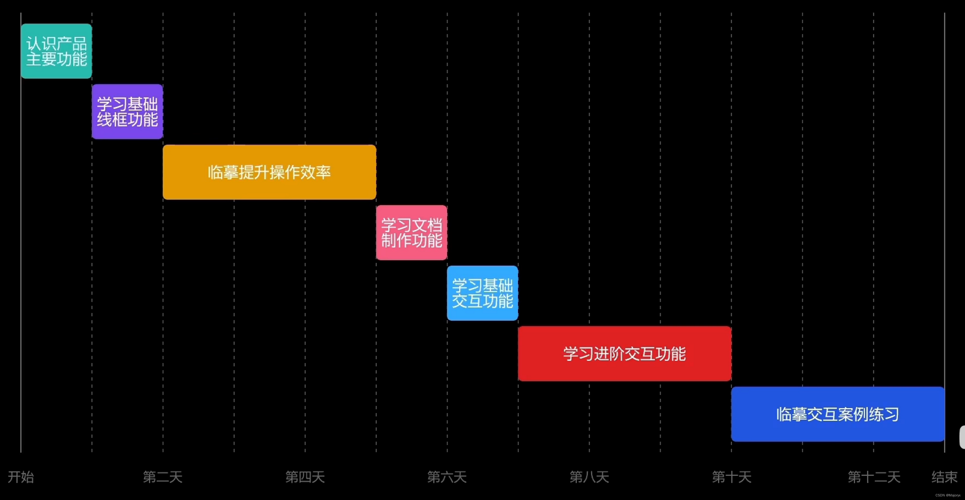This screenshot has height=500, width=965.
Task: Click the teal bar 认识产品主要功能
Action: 56,51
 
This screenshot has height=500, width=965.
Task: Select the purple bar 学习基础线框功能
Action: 127,112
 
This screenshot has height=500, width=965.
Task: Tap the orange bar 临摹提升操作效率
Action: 269,172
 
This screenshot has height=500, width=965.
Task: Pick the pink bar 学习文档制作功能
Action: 411,233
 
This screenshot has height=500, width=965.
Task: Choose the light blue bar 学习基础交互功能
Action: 482,293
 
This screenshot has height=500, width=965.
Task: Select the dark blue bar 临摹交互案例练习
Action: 838,414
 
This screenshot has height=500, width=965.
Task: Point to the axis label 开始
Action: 21,477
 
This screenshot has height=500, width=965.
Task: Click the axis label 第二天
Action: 162,477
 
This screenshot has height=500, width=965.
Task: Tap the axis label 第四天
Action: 305,477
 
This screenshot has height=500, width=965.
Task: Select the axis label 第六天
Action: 447,477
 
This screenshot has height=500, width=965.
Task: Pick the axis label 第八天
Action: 589,477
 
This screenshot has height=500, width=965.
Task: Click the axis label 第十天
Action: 731,477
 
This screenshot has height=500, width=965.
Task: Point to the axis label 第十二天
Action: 874,477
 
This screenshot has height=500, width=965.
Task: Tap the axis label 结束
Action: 944,477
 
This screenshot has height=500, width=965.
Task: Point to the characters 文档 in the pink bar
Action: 427,225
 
